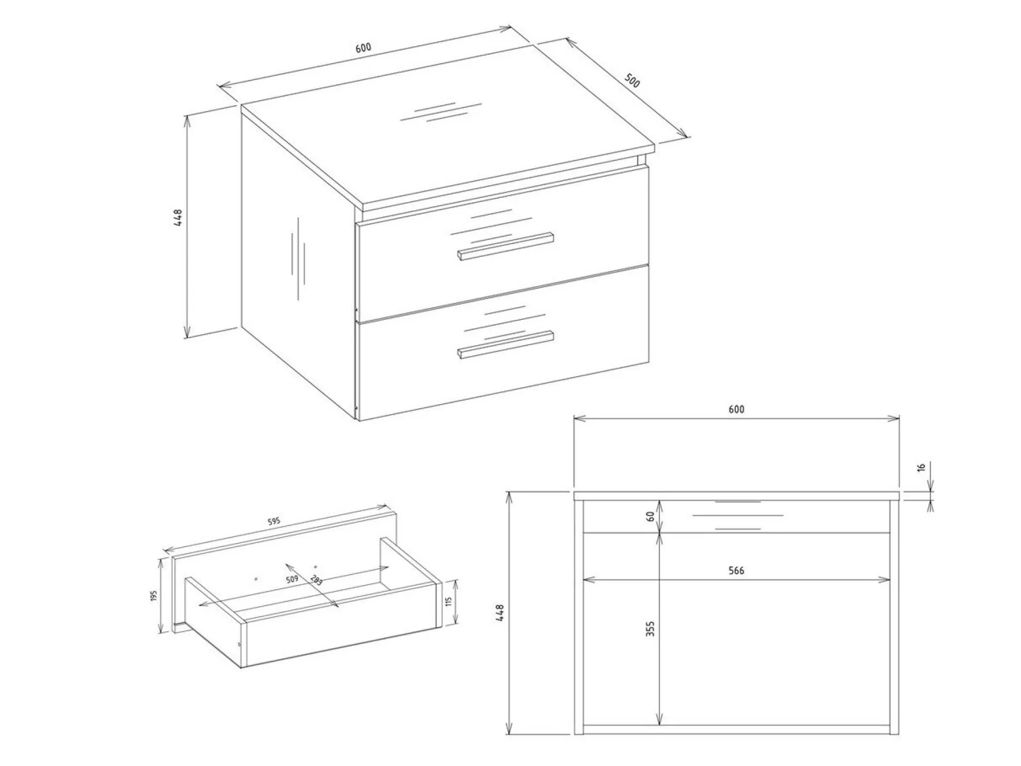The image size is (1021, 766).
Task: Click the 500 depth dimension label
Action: pyautogui.click(x=632, y=80)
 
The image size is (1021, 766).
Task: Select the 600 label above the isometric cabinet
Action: pyautogui.click(x=363, y=47)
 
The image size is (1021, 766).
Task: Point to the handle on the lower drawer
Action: pyautogui.click(x=505, y=345)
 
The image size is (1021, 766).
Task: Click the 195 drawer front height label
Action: pyautogui.click(x=154, y=596)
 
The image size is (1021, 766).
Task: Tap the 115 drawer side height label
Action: pyautogui.click(x=449, y=601)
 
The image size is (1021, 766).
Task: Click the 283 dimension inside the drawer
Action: pyautogui.click(x=317, y=581)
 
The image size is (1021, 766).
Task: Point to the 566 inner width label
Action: pyautogui.click(x=736, y=570)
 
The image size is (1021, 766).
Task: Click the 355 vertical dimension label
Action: pyautogui.click(x=650, y=629)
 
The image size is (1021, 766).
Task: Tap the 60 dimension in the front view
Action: pyautogui.click(x=650, y=516)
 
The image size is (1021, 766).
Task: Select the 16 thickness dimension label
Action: pyautogui.click(x=921, y=468)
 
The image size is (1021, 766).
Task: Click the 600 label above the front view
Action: pyautogui.click(x=736, y=409)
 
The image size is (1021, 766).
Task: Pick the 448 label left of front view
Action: pyautogui.click(x=500, y=613)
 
